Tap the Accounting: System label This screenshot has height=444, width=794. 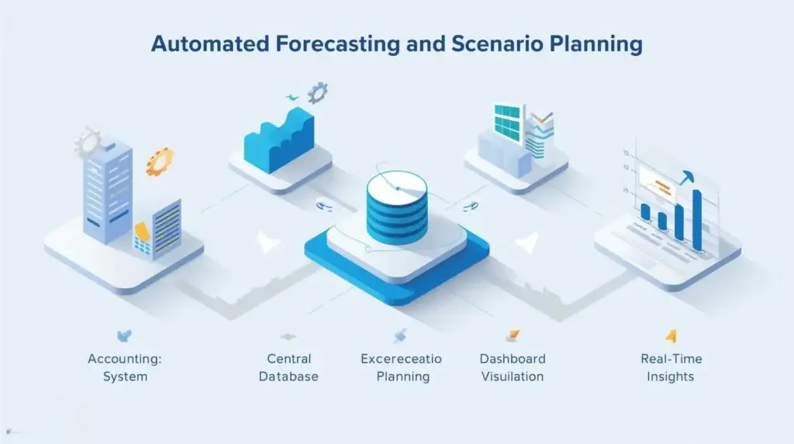125,368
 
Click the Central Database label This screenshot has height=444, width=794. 288,368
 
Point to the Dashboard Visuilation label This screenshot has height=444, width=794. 513,368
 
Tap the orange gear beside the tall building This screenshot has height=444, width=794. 160,161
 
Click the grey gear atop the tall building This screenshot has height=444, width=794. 88,143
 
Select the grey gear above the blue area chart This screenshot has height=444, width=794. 317,94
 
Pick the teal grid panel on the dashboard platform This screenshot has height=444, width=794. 509,123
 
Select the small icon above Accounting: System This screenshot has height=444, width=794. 124,336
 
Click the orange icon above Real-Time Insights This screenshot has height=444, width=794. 671,336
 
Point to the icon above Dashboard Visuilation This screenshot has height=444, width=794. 513,336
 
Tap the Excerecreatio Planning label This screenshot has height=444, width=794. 401,368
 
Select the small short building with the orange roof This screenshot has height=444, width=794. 158,230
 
